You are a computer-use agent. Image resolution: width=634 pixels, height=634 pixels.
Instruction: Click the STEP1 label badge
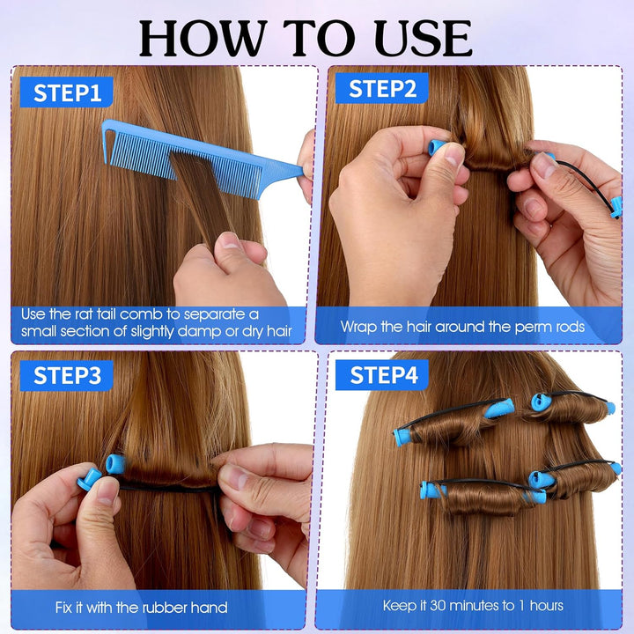66,92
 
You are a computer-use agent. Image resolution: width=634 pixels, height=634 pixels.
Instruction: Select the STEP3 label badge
66,376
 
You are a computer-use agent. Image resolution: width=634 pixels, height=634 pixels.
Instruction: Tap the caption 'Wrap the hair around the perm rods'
462,327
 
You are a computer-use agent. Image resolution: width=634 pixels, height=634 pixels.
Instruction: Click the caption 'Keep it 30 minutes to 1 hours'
473,605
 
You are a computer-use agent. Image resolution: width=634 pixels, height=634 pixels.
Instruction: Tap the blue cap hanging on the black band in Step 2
616,207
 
